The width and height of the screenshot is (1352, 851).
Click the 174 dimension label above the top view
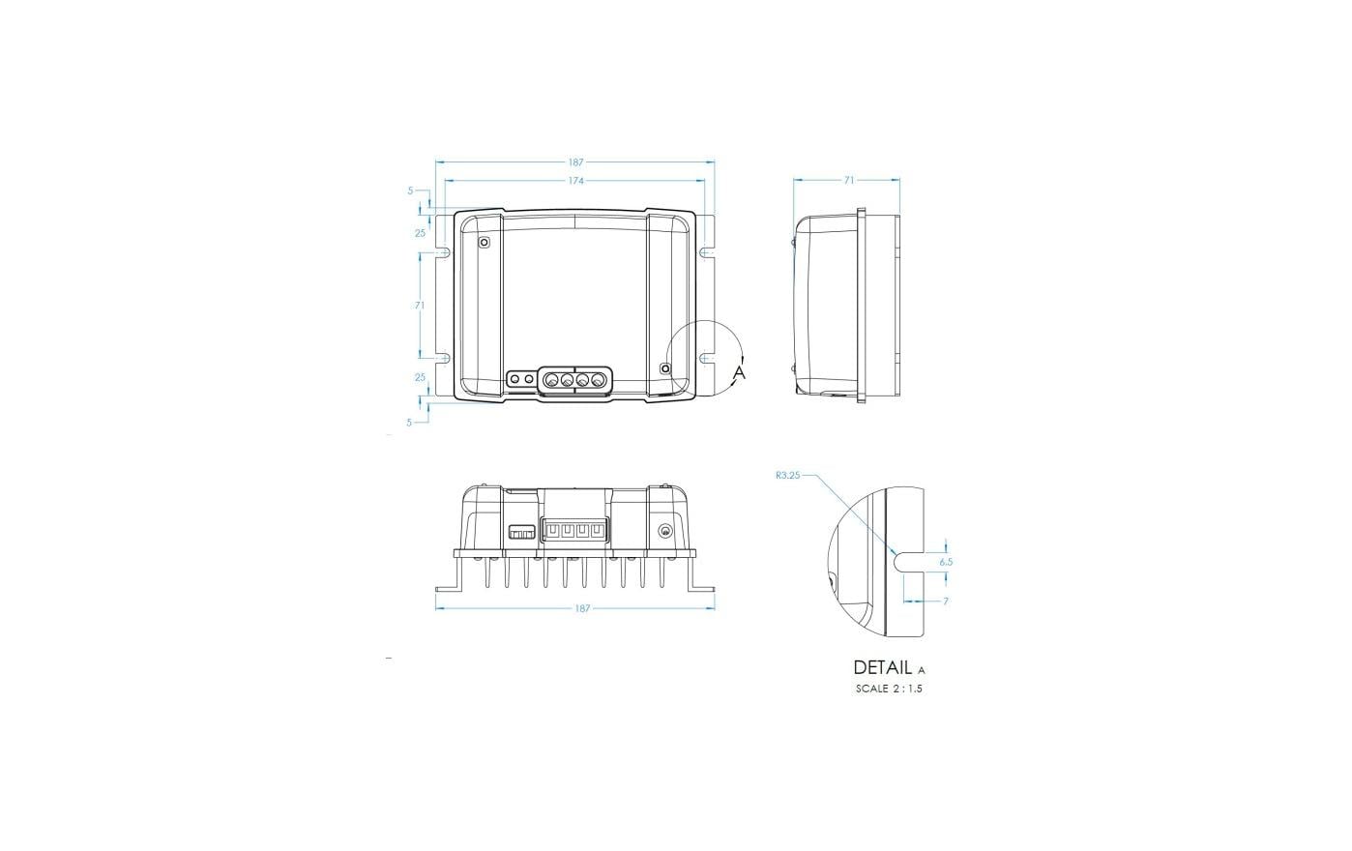click(x=575, y=181)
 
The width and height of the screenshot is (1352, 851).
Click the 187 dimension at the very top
click(x=575, y=162)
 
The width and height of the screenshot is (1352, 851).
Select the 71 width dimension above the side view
click(x=848, y=180)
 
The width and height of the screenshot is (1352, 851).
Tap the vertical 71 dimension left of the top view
click(x=420, y=306)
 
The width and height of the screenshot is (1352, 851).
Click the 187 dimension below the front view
click(x=582, y=608)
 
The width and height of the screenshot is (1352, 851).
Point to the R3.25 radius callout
click(x=788, y=476)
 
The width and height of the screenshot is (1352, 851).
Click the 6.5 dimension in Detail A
click(x=945, y=561)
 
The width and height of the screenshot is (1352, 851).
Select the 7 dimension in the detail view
click(x=945, y=602)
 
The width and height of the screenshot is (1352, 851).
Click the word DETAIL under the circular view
click(x=882, y=667)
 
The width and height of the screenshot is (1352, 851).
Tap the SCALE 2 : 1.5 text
click(x=889, y=690)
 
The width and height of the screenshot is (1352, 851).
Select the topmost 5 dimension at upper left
click(x=410, y=191)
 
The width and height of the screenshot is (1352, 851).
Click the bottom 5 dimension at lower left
click(x=409, y=423)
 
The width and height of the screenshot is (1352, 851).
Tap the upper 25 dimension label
click(x=420, y=233)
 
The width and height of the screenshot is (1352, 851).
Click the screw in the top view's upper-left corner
click(x=485, y=243)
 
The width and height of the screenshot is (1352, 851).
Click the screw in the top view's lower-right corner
click(x=664, y=368)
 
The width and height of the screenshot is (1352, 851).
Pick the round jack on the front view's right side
click(x=664, y=531)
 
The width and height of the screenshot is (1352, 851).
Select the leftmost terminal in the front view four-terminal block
click(x=550, y=531)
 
